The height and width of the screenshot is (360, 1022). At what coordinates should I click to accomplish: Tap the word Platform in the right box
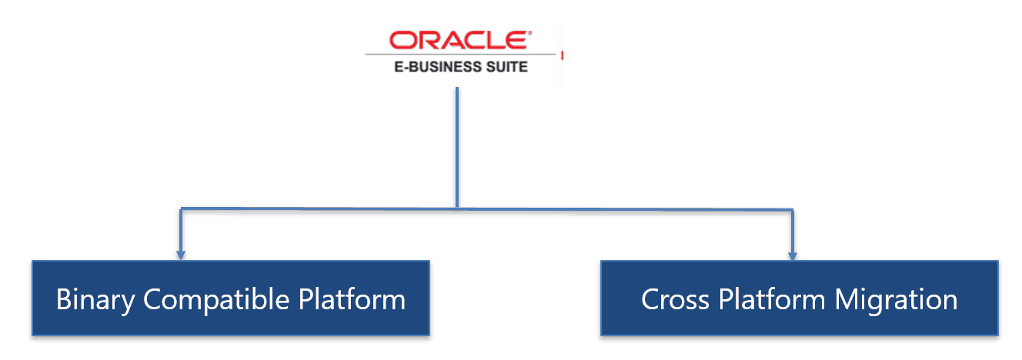[772, 299]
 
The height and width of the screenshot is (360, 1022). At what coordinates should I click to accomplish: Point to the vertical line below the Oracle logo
[457, 146]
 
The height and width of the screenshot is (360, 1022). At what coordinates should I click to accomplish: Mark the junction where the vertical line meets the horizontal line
[457, 208]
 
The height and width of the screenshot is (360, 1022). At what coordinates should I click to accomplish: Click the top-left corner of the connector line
[180, 208]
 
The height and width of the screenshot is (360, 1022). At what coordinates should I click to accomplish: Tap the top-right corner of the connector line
[792, 209]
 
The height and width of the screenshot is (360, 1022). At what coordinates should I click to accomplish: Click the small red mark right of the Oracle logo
[562, 55]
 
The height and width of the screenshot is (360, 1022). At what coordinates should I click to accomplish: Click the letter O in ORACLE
[400, 41]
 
